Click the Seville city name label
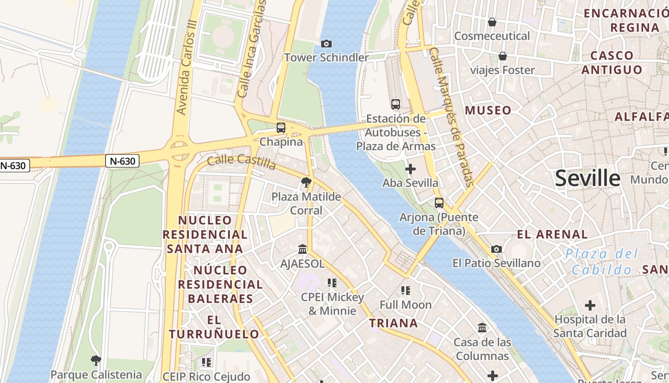click(587, 178)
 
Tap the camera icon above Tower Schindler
click(326, 44)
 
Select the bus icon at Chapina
click(281, 128)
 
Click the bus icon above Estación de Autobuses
click(396, 104)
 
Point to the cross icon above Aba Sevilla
click(410, 169)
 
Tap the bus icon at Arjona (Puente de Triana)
click(439, 203)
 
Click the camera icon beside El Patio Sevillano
click(496, 249)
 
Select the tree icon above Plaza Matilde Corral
click(306, 182)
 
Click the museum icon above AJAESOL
click(302, 249)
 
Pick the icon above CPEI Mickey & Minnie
click(332, 283)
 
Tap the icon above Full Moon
click(406, 290)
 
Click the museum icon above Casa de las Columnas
click(482, 328)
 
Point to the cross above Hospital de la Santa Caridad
click(590, 305)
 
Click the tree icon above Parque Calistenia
click(96, 360)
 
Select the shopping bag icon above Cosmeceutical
click(492, 22)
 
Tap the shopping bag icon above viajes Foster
click(503, 56)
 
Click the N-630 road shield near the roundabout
click(122, 161)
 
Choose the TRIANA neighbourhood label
click(393, 323)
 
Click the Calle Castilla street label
click(241, 161)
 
